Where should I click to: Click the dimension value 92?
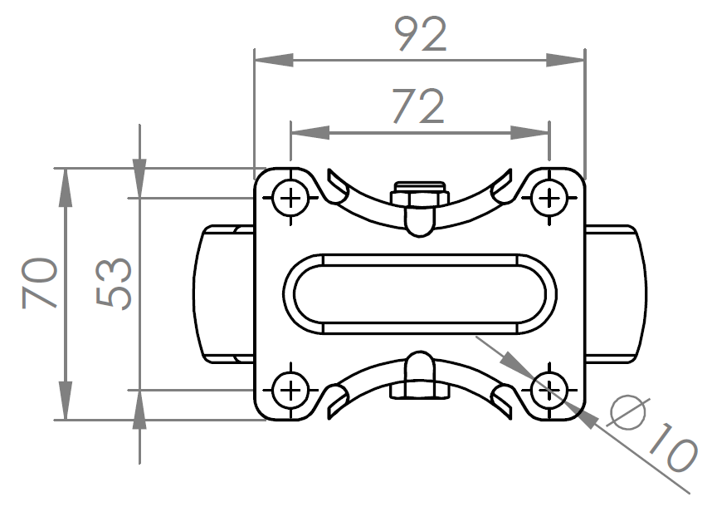(x=420, y=36)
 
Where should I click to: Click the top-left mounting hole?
(x=290, y=199)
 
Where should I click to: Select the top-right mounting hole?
(x=548, y=199)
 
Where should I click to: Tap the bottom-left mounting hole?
(x=290, y=388)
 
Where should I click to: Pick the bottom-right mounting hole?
(x=548, y=388)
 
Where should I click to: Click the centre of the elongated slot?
(x=419, y=293)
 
